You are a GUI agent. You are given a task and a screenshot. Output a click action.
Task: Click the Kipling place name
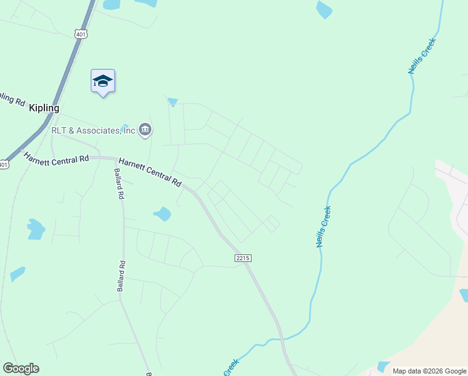tap(44, 108)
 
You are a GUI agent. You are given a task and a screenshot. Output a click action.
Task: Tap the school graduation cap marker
tap(103, 81)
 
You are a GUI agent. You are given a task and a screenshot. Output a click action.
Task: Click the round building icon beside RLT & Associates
tap(145, 130)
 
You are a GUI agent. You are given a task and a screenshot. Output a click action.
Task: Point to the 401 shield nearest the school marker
tap(80, 34)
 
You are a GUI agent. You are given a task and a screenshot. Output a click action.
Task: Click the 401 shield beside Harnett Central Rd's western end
tap(4, 165)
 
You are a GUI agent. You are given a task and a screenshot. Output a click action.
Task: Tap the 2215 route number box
tap(245, 258)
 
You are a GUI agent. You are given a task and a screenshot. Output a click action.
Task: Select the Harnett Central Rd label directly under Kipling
tap(56, 159)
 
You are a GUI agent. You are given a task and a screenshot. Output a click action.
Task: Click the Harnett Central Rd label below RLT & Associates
tap(150, 172)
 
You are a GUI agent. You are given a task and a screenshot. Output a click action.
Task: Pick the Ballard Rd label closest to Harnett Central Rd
tap(118, 183)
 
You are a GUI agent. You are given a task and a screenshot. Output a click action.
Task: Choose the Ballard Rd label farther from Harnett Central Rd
tap(121, 276)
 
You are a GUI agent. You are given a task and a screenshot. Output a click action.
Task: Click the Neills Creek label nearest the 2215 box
tap(323, 227)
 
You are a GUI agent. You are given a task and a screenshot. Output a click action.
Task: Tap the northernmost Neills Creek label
tap(422, 56)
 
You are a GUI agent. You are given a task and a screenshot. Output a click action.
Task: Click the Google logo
tap(21, 368)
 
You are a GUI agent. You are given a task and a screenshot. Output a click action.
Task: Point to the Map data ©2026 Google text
tap(429, 371)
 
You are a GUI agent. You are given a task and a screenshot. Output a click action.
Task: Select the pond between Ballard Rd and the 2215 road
tap(162, 214)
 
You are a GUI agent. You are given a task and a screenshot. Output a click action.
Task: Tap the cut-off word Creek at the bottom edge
tap(231, 368)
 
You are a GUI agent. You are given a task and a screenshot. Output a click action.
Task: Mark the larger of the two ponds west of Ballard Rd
tap(35, 229)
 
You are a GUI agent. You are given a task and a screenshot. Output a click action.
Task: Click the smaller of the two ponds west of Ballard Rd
tap(18, 274)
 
